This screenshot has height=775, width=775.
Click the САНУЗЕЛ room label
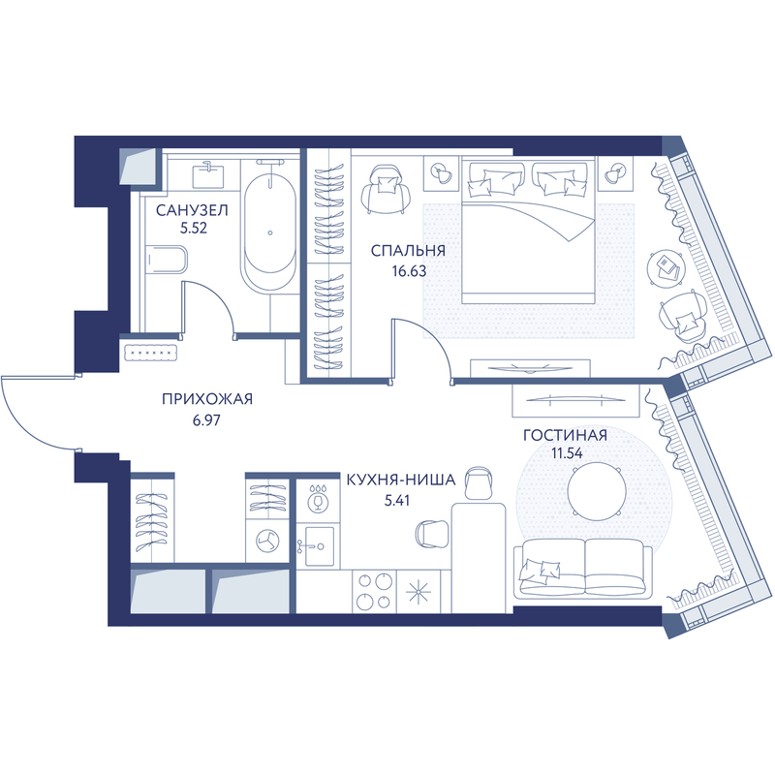point(192,210)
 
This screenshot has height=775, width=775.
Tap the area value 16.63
point(409,271)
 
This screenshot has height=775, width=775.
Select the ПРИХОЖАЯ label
point(207,399)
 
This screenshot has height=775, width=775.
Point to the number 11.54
point(568,453)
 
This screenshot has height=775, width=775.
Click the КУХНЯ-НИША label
point(401,480)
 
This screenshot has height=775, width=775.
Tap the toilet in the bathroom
point(167,259)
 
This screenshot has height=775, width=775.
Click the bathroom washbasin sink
point(208,176)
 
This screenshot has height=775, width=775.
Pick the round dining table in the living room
point(597,491)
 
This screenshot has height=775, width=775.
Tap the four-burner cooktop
point(374,591)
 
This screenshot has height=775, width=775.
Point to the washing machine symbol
point(267,541)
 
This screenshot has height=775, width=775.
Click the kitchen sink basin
point(320,545)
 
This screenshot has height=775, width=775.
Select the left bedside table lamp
point(442,173)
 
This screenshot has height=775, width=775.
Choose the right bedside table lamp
point(615,173)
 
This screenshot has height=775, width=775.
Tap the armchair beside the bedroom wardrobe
point(387,189)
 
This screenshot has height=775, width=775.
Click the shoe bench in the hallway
point(151,353)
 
